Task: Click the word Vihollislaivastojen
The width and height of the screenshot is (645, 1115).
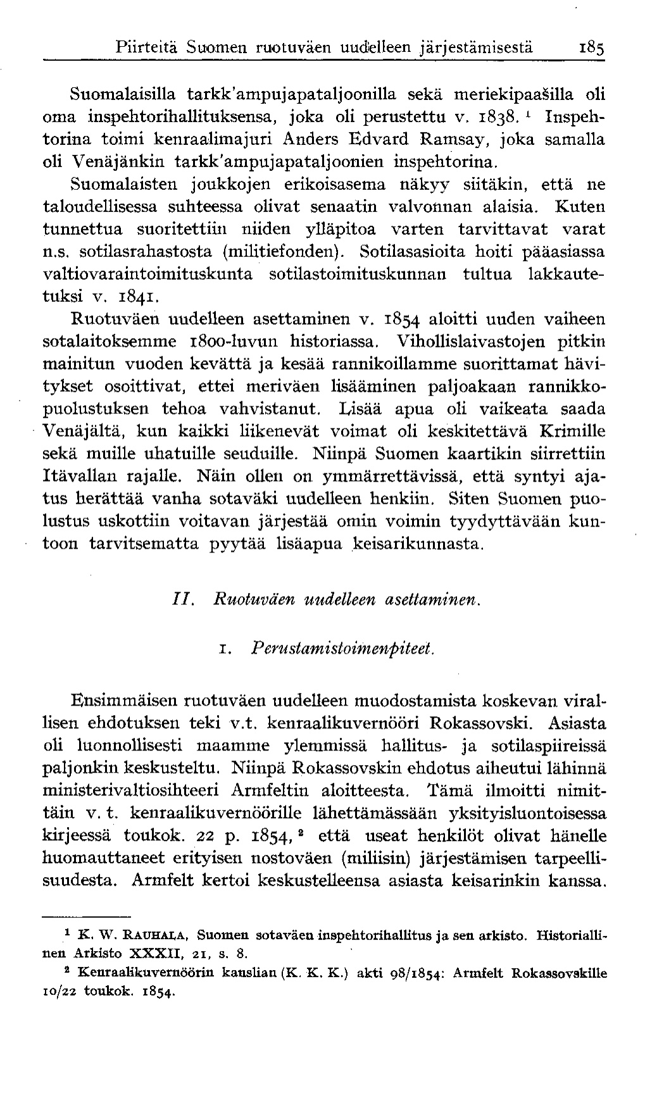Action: pyautogui.click(x=473, y=342)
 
